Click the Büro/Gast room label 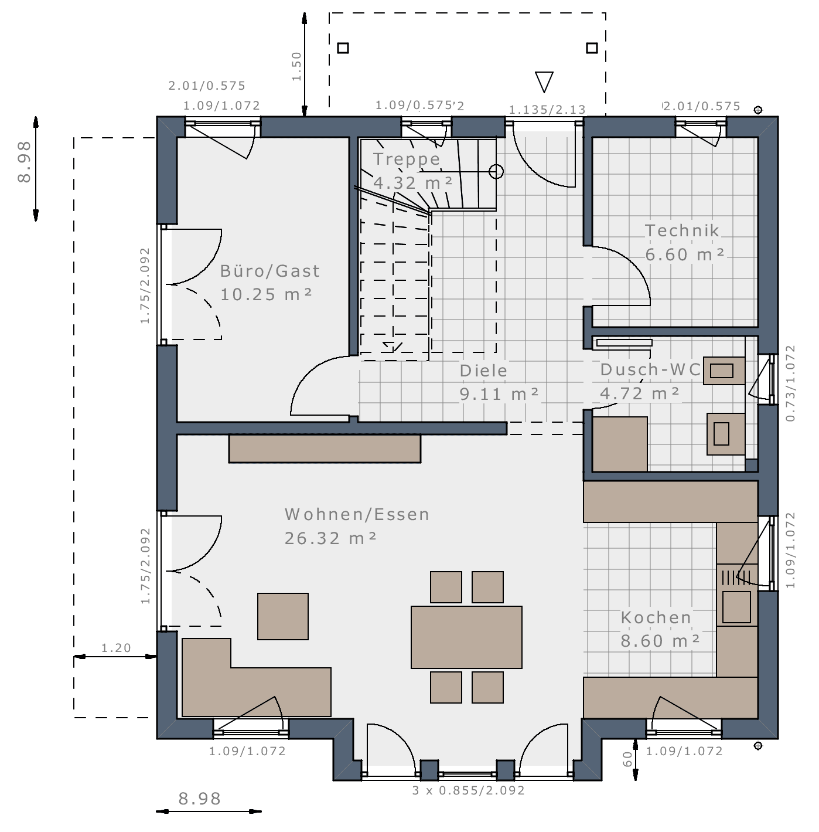[269, 271]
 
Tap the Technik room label [682, 230]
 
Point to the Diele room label [483, 371]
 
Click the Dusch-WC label [650, 370]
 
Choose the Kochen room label [656, 618]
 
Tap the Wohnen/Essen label [357, 515]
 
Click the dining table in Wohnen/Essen [466, 637]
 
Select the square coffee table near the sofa [283, 616]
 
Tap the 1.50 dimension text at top [296, 66]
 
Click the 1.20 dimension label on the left [116, 648]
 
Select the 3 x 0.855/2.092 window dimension [468, 790]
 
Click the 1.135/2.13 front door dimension [547, 109]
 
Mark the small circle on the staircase [496, 171]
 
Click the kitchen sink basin [736, 607]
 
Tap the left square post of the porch [343, 48]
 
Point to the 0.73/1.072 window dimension [790, 383]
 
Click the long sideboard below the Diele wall [325, 449]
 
